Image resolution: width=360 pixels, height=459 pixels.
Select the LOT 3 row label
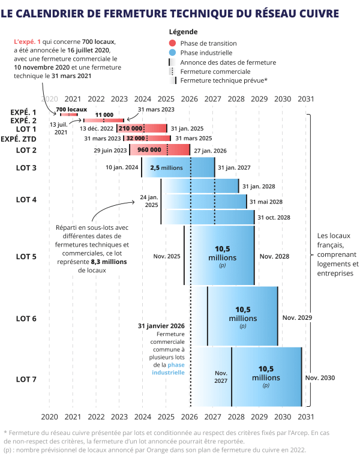click(x=26, y=167)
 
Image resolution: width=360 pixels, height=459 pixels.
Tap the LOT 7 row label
click(x=26, y=379)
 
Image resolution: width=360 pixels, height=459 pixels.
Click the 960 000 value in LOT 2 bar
click(x=149, y=150)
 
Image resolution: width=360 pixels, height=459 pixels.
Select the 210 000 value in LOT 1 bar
click(x=131, y=128)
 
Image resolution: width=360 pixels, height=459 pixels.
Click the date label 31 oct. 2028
click(x=275, y=217)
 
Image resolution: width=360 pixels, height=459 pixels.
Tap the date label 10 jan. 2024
click(x=122, y=167)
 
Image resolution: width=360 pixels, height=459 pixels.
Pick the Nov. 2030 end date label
click(x=320, y=378)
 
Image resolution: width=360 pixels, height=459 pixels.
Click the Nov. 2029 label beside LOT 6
click(x=298, y=317)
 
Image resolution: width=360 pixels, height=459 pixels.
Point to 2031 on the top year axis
click(x=305, y=99)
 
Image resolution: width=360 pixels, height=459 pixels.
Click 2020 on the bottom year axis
click(x=49, y=416)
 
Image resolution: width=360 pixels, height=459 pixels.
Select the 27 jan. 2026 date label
click(x=211, y=151)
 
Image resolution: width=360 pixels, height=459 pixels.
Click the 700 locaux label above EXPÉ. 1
click(x=71, y=109)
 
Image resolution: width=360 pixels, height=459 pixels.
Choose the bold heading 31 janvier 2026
click(x=161, y=326)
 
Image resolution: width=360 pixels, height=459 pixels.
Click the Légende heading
click(x=183, y=32)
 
